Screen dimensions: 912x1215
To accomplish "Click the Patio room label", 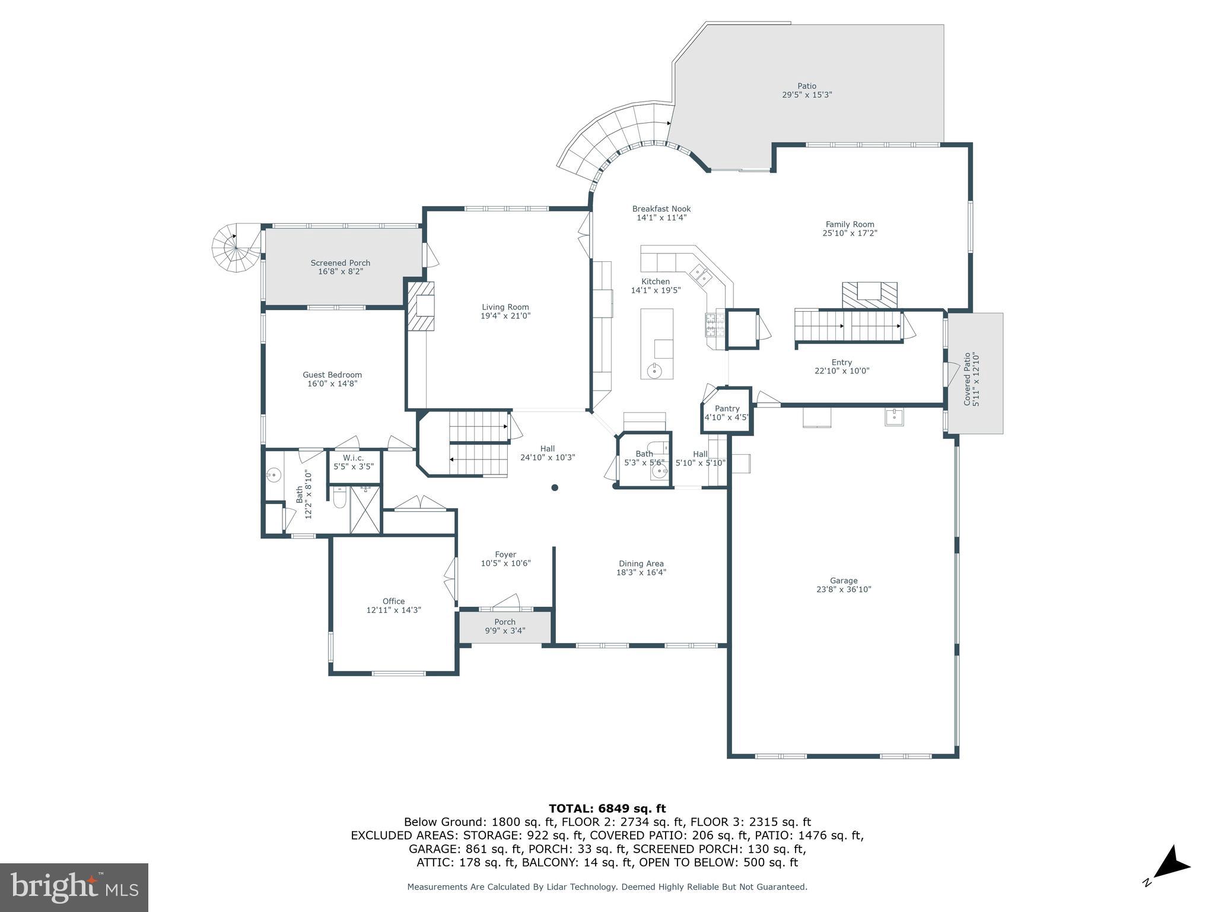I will (806, 86).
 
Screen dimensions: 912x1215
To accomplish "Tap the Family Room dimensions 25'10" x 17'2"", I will (850, 233).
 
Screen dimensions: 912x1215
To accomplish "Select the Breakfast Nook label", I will (661, 209).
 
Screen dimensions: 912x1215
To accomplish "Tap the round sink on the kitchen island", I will (655, 371).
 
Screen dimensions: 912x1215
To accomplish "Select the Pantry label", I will (727, 408).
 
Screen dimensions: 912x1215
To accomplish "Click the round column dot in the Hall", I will (555, 487).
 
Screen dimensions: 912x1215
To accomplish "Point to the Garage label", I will (843, 581).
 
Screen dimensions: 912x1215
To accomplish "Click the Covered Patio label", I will (967, 379).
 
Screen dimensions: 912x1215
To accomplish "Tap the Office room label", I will (393, 601).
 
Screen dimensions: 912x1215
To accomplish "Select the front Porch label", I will (505, 622).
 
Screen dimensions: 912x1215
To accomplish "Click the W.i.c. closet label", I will (353, 458).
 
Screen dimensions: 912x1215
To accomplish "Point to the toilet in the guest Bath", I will (339, 498).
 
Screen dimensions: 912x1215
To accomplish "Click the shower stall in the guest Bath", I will (365, 509).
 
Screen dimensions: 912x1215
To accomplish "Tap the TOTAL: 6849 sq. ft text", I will (607, 808).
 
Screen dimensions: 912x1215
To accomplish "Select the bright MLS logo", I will (74, 887).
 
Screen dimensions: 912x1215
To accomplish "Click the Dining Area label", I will (641, 563).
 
